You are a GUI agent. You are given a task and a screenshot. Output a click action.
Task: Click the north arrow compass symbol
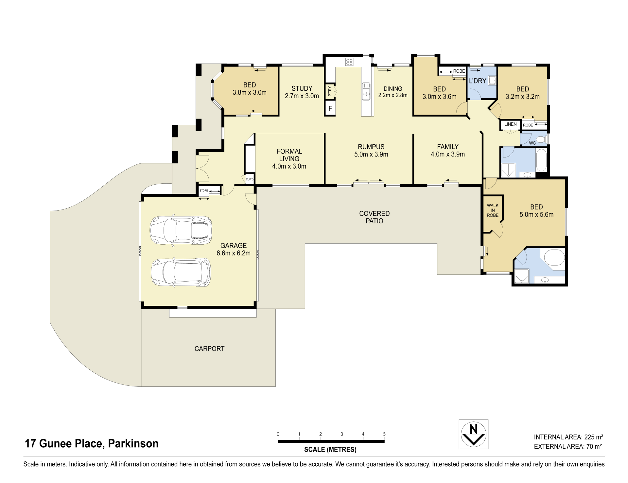473,434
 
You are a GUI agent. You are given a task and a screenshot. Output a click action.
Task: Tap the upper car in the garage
181,230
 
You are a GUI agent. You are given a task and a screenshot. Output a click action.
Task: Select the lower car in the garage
181,272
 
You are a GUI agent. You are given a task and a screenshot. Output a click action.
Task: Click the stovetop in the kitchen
349,62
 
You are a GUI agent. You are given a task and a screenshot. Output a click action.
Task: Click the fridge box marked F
330,108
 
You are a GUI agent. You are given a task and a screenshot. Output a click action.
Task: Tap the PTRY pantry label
330,91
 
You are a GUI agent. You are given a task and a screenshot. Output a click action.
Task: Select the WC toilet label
532,143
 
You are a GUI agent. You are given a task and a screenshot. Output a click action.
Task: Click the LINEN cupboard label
510,124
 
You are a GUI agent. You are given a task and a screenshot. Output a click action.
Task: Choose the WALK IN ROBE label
493,210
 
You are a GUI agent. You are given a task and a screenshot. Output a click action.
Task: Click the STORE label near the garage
204,190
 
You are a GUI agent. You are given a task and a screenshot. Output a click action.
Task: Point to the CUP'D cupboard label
250,179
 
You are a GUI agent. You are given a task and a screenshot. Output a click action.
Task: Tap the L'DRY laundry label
478,81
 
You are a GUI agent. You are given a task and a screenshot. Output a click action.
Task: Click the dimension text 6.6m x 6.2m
234,253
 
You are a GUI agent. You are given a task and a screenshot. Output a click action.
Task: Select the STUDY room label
302,88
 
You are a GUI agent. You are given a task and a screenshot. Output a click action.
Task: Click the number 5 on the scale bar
384,434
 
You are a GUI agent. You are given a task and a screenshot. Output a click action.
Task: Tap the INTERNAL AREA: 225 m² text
568,437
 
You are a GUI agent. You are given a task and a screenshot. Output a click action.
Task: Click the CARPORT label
209,349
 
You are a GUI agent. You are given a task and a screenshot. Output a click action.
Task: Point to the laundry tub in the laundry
492,80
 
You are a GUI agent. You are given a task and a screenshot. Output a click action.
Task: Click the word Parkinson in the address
133,443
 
